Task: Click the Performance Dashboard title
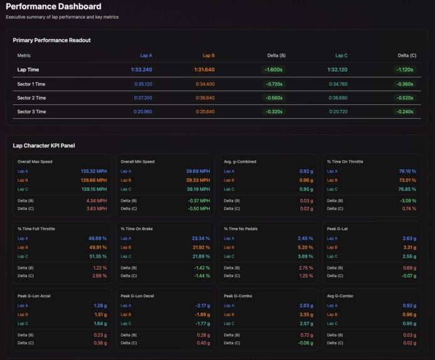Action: [x=53, y=7]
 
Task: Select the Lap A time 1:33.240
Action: [x=141, y=70]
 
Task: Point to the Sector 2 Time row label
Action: [x=31, y=98]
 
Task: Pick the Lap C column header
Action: [x=341, y=55]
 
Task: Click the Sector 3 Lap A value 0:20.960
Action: [x=143, y=112]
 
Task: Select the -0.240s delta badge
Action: [x=404, y=112]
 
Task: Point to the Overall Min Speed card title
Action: [x=140, y=161]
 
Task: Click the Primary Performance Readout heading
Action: [x=51, y=40]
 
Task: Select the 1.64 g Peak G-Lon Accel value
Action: [x=100, y=324]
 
